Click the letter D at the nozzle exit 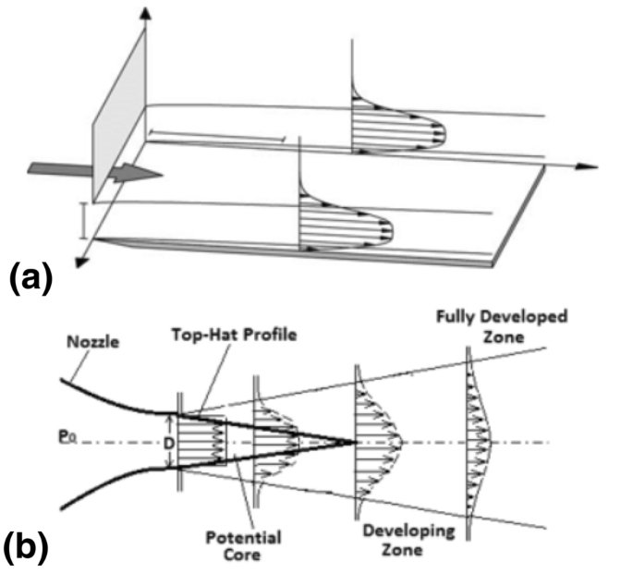pos(169,444)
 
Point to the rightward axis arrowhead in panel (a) pos(582,167)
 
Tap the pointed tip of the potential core pos(353,443)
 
